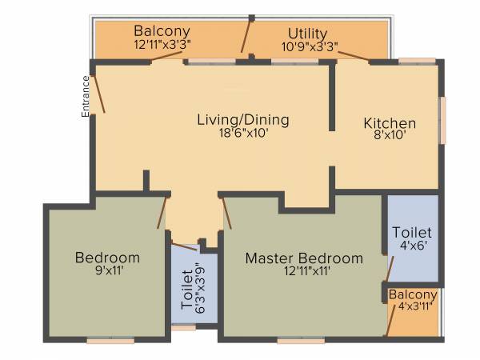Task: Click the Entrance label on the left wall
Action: click(x=85, y=96)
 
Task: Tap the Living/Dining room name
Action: click(x=243, y=120)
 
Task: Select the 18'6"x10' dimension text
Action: click(x=243, y=134)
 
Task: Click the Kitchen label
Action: click(x=390, y=123)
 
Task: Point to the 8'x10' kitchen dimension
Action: click(x=390, y=136)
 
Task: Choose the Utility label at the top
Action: click(x=308, y=34)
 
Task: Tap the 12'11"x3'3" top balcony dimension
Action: click(x=162, y=46)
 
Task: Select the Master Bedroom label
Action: click(x=304, y=258)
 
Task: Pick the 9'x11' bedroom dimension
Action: click(x=107, y=271)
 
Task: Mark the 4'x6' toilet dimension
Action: click(x=414, y=246)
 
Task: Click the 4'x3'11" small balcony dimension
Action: click(x=414, y=307)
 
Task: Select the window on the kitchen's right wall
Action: click(x=442, y=120)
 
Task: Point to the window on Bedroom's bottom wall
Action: click(x=110, y=341)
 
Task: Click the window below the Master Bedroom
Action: click(x=301, y=341)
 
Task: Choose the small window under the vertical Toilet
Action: click(x=183, y=327)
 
